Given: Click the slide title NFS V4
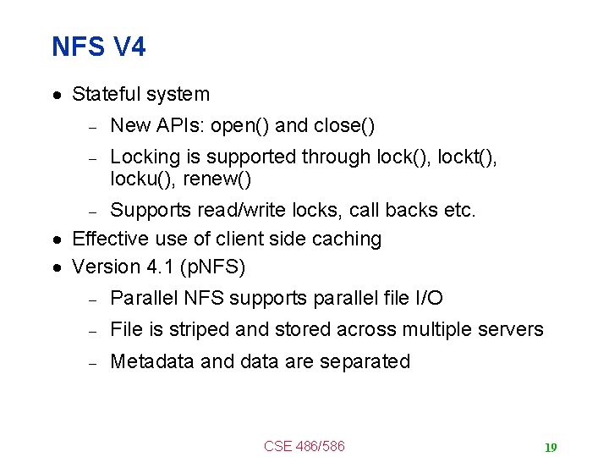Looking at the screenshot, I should pos(98,47).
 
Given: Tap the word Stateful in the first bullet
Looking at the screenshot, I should pos(106,94).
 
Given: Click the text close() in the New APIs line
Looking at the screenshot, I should pos(344,126).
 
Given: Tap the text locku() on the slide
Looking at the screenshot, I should pos(140,179).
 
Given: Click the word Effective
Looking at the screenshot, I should pos(108,240).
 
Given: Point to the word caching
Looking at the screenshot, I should pos(347,240).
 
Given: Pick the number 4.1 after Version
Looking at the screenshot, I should pos(156,267).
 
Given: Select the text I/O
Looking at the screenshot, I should pos(426,298).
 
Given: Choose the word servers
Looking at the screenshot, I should pos(510,329).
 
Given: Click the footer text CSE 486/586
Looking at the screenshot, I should pos(304,446).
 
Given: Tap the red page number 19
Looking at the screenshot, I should pos(551,448).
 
